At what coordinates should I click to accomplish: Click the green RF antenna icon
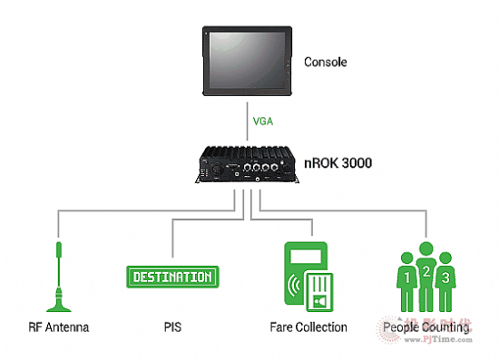tap(59, 277)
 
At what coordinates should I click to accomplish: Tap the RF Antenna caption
tap(59, 326)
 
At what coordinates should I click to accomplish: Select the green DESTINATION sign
tap(171, 277)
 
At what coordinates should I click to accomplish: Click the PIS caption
tap(171, 326)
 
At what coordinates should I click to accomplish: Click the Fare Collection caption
tap(308, 326)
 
